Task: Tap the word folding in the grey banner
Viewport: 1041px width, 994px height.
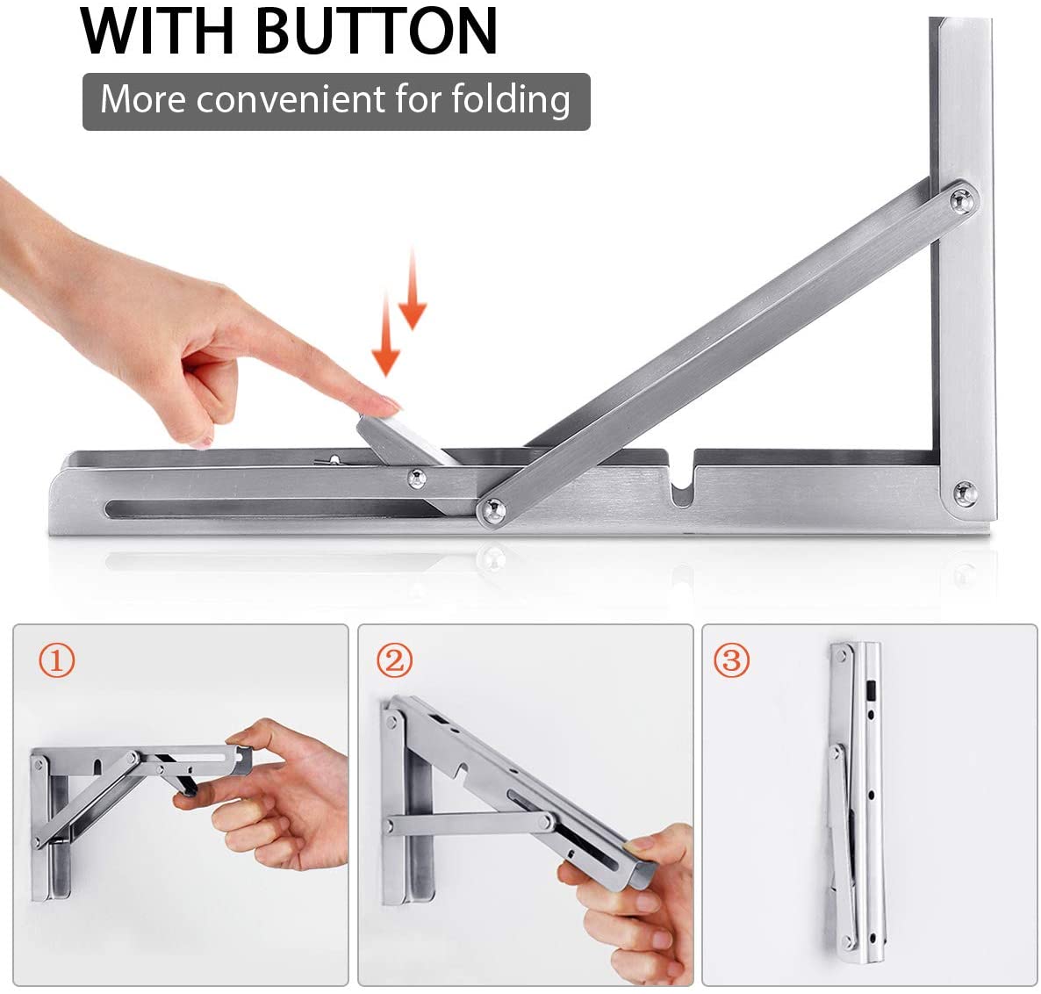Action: tap(511, 99)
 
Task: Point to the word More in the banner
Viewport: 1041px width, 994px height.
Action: tap(143, 99)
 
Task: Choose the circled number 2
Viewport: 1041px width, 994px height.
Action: tap(394, 659)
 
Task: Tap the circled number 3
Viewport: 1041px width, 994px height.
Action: tap(731, 659)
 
